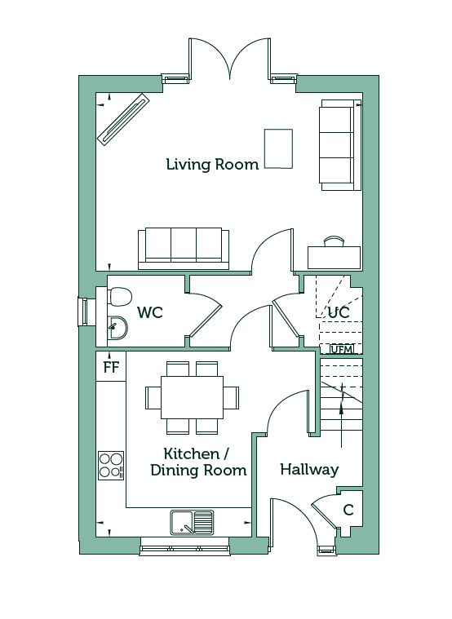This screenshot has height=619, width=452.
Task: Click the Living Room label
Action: coord(212,164)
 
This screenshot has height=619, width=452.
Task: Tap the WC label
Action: coord(150,312)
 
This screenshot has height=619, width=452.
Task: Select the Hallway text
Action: coord(309,470)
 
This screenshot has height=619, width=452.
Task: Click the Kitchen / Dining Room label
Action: coord(198,462)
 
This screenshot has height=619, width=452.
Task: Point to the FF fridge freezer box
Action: coord(111,366)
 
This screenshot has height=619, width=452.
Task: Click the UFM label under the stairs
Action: coord(340,349)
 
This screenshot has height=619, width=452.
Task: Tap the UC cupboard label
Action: coord(339,312)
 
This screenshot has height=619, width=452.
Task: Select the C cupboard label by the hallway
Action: coord(348,510)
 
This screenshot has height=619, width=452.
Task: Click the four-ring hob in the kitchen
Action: coord(111,466)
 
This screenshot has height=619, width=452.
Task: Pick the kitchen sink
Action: coord(193,522)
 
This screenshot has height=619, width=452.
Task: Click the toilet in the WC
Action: coord(119,296)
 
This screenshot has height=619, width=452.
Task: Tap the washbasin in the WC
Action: coord(117,328)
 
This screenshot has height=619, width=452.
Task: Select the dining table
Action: coord(192,397)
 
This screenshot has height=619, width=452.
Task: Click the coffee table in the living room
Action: coord(278,148)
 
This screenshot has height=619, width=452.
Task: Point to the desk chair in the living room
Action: coord(333,241)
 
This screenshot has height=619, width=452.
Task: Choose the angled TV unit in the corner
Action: coord(124,120)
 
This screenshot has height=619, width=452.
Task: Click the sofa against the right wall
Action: coord(340,145)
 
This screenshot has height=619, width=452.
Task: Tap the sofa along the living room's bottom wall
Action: coord(184,248)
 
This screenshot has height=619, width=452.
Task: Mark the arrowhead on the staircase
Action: coord(341,409)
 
